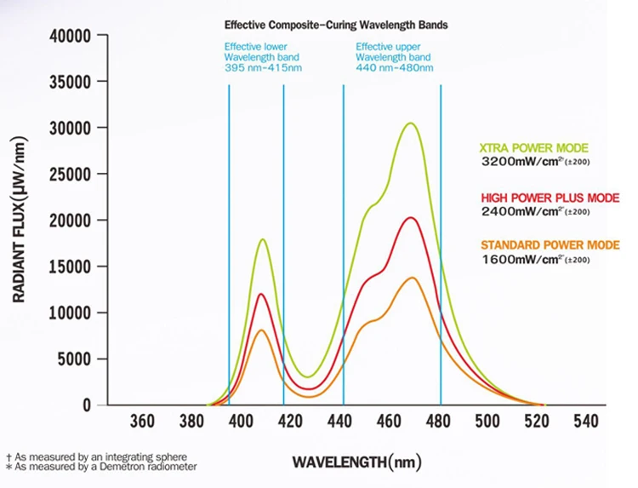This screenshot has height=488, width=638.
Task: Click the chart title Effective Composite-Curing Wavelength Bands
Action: pyautogui.click(x=335, y=26)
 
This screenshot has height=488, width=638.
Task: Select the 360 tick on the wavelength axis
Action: pyautogui.click(x=142, y=421)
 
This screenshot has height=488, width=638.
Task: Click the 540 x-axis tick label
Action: pyautogui.click(x=585, y=421)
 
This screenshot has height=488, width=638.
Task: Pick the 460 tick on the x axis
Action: pyautogui.click(x=389, y=421)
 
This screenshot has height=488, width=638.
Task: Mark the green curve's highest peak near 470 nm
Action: pyautogui.click(x=411, y=123)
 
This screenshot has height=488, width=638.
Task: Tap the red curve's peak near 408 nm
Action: pyautogui.click(x=261, y=295)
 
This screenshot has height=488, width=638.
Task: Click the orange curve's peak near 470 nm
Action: pyautogui.click(x=413, y=278)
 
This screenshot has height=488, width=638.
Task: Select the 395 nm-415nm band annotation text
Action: pyautogui.click(x=263, y=68)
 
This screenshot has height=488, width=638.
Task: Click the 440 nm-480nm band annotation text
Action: pyautogui.click(x=396, y=68)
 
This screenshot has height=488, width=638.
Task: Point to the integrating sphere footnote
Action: pyautogui.click(x=96, y=457)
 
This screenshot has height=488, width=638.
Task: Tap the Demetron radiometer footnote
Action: pyautogui.click(x=101, y=467)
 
